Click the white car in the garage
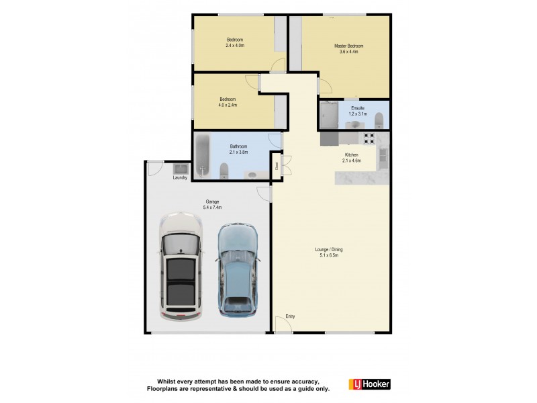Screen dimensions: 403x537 (x=181, y=267)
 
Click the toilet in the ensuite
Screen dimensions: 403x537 (x=379, y=120)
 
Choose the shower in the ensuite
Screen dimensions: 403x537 (x=330, y=114)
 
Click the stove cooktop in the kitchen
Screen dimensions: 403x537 (x=369, y=139)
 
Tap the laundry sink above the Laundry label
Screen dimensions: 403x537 (x=181, y=168)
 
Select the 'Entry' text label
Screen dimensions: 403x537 (x=290, y=316)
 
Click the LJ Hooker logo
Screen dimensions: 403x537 (x=369, y=384)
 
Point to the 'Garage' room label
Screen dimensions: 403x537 (x=212, y=201)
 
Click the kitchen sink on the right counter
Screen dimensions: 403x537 (x=383, y=156)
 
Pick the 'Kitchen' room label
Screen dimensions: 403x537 (x=351, y=154)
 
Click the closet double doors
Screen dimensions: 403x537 (x=285, y=165)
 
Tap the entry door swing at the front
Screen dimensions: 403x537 (x=283, y=324)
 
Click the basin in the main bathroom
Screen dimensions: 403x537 (x=251, y=175)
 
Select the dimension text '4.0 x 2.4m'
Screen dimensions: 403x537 (x=228, y=105)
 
